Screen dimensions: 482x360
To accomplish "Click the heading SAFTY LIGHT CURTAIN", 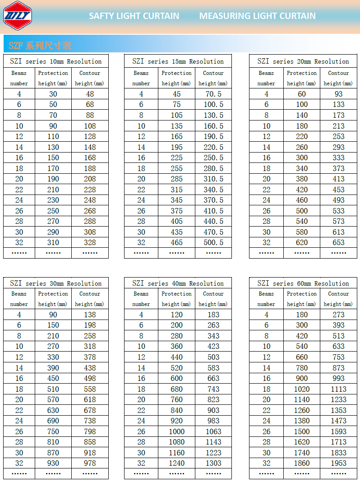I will pyautogui.click(x=134, y=16).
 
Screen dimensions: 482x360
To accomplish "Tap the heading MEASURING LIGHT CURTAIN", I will pyautogui.click(x=258, y=16).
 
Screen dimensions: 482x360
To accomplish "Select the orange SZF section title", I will pyautogui.click(x=40, y=46).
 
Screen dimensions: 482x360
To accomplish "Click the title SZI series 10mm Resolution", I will pyautogui.click(x=56, y=61).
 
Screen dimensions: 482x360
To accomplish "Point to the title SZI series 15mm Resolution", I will pyautogui.click(x=178, y=61).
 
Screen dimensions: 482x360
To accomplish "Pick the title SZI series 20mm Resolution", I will pyautogui.click(x=303, y=61).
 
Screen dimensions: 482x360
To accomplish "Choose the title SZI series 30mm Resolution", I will pyautogui.click(x=56, y=283).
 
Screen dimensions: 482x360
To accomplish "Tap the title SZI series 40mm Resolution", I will pyautogui.click(x=178, y=283).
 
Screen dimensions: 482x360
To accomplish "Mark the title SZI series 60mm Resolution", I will pyautogui.click(x=303, y=283).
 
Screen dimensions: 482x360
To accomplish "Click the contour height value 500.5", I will pyautogui.click(x=213, y=242).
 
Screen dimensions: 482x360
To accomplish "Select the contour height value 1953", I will pyautogui.click(x=338, y=463).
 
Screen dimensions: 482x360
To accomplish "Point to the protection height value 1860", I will pyautogui.click(x=302, y=463).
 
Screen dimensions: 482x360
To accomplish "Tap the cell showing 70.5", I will pyautogui.click(x=213, y=94).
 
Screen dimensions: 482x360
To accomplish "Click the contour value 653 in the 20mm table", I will pyautogui.click(x=338, y=242).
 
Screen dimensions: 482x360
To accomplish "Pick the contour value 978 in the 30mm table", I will pyautogui.click(x=90, y=463).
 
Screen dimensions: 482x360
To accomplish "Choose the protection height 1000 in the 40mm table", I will pyautogui.click(x=177, y=431).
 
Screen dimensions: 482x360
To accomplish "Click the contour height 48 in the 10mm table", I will pyautogui.click(x=90, y=94).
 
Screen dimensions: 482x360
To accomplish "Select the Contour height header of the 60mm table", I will pyautogui.click(x=338, y=299).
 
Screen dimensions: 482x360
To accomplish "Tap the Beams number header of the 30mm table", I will pyautogui.click(x=19, y=299).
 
